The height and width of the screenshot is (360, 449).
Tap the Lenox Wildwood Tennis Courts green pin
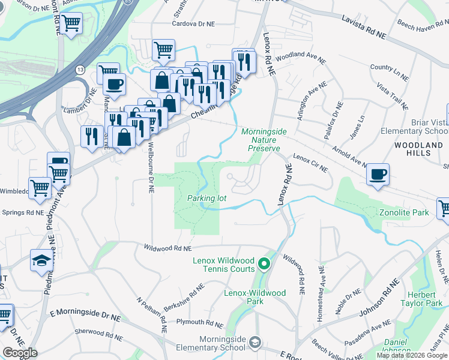263,263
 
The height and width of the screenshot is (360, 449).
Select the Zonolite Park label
403,212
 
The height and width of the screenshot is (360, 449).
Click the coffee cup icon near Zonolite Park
378,175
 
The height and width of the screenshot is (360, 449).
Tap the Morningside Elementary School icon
255,343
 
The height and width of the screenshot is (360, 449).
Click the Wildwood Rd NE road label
167,247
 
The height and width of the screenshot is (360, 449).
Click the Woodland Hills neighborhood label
418,149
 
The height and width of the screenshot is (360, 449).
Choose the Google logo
20,353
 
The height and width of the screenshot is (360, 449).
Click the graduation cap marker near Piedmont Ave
41,261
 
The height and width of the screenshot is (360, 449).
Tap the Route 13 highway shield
80,70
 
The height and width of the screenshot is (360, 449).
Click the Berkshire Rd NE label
181,290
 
